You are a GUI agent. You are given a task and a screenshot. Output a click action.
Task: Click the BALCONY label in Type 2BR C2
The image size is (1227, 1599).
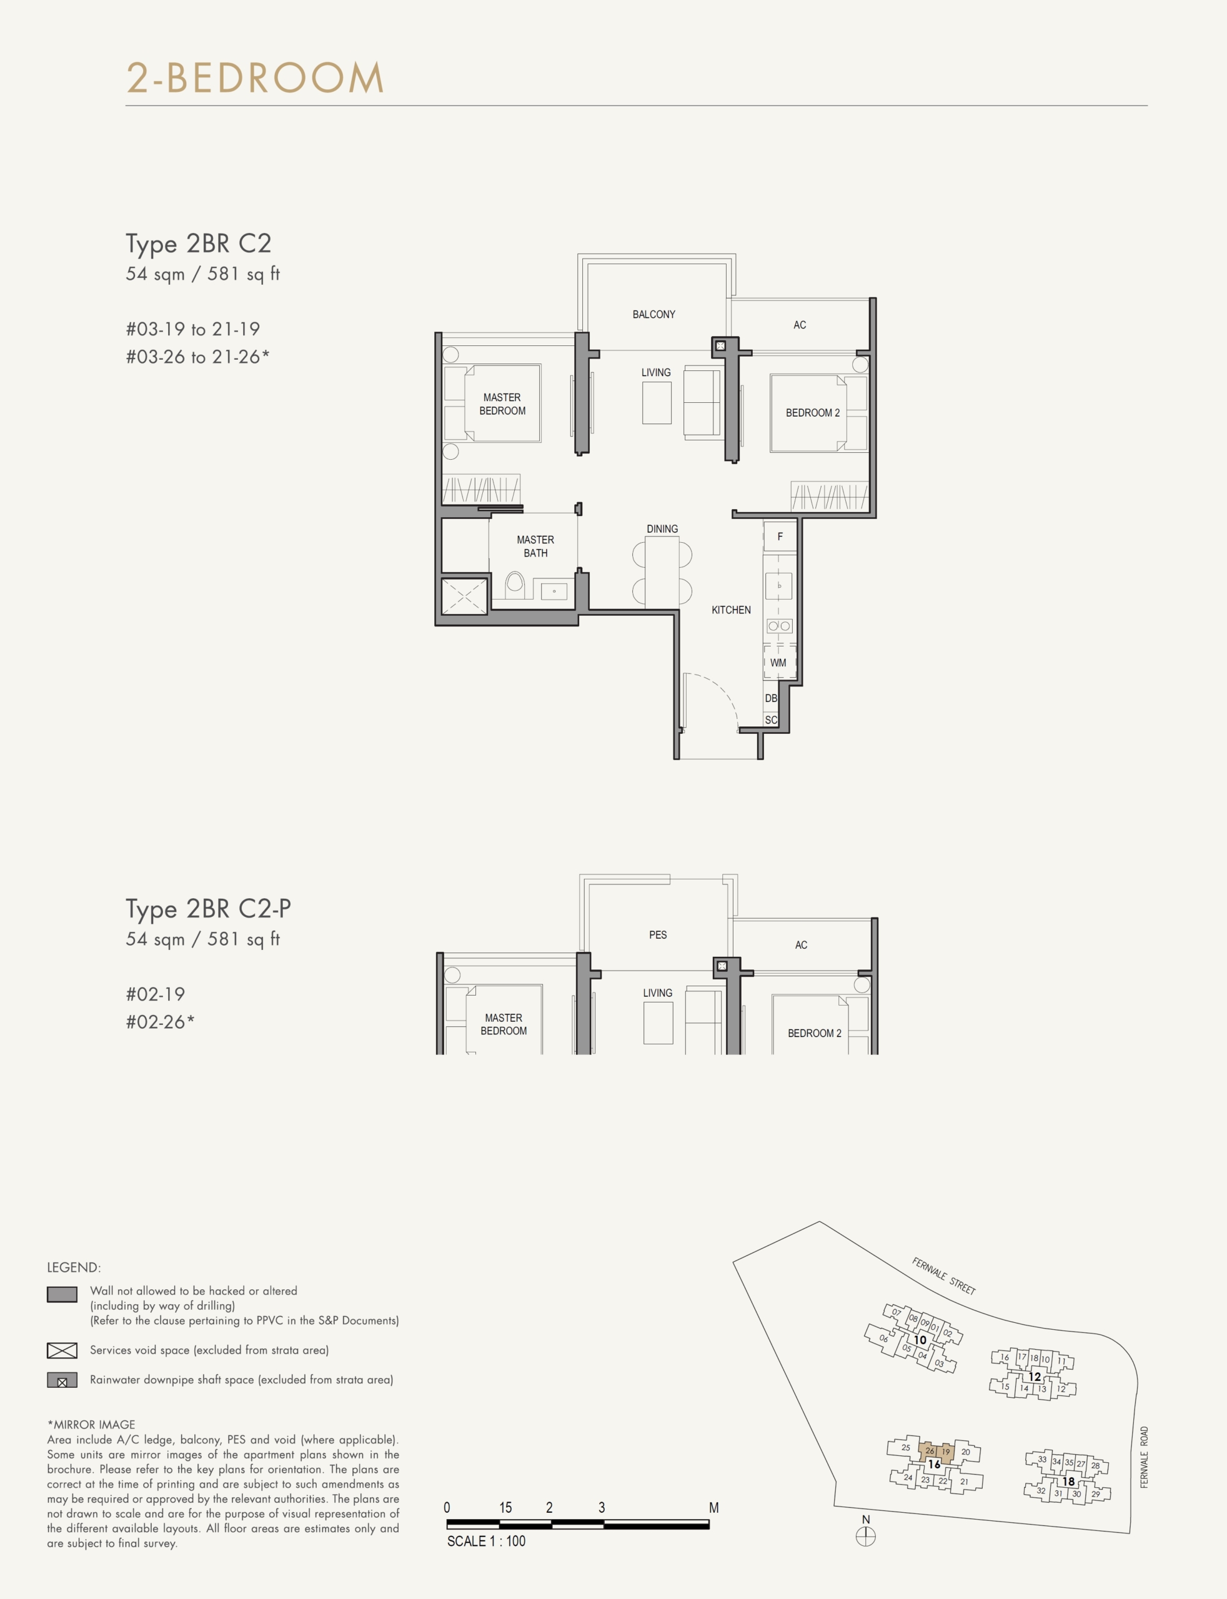pyautogui.click(x=653, y=315)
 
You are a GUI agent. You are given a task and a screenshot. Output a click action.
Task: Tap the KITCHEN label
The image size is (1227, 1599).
pyautogui.click(x=731, y=610)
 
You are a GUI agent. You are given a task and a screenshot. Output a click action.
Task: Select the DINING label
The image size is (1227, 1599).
pyautogui.click(x=662, y=528)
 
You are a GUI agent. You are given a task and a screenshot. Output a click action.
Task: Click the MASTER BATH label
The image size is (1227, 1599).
pyautogui.click(x=535, y=546)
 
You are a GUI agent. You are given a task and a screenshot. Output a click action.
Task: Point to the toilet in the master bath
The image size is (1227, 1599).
pyautogui.click(x=515, y=584)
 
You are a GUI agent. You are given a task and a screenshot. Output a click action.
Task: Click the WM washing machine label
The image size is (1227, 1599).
pyautogui.click(x=778, y=663)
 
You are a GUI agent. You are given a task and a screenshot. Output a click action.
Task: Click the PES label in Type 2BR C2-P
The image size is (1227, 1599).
pyautogui.click(x=657, y=934)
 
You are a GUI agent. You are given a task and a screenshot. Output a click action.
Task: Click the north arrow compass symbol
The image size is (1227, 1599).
pyautogui.click(x=865, y=1537)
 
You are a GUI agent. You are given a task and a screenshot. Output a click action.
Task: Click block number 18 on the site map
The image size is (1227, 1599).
pyautogui.click(x=1068, y=1482)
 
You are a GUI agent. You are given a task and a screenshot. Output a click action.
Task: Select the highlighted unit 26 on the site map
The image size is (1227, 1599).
pyautogui.click(x=929, y=1451)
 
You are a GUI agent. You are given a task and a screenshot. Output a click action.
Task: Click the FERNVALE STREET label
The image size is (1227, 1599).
pyautogui.click(x=943, y=1275)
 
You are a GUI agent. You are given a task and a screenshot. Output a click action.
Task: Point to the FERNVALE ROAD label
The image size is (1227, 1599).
pyautogui.click(x=1145, y=1457)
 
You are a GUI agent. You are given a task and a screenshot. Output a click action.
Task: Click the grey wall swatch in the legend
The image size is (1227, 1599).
pyautogui.click(x=62, y=1294)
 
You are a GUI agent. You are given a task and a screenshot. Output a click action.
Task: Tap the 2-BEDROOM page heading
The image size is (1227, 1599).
pyautogui.click(x=255, y=77)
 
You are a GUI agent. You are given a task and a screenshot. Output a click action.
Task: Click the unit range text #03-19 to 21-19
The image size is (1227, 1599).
pyautogui.click(x=193, y=329)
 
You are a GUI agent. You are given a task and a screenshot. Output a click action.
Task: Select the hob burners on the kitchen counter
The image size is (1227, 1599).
pyautogui.click(x=779, y=626)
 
